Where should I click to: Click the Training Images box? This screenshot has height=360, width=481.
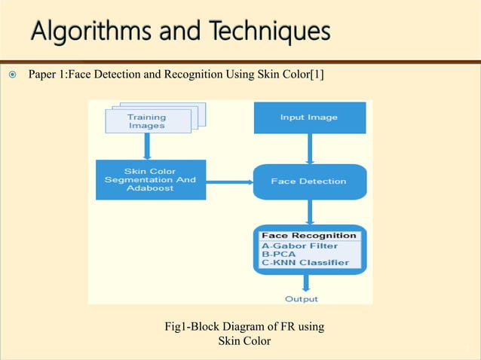[147, 121]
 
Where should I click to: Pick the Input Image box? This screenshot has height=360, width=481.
[309, 117]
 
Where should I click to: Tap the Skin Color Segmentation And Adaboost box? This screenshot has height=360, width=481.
[150, 180]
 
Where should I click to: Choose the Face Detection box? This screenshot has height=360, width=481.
[309, 182]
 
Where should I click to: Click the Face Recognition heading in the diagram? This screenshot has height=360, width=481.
[308, 236]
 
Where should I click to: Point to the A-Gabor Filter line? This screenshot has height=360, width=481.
[299, 246]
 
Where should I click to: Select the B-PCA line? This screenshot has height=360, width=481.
[278, 254]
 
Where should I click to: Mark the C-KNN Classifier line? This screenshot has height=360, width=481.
[305, 263]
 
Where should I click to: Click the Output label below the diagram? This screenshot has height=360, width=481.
[302, 299]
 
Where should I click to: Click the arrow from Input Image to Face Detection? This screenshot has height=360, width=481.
[309, 149]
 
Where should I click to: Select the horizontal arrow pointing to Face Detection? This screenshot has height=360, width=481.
[229, 182]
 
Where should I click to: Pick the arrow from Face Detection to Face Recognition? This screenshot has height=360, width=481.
[309, 212]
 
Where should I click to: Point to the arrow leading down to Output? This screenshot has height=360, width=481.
[306, 283]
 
